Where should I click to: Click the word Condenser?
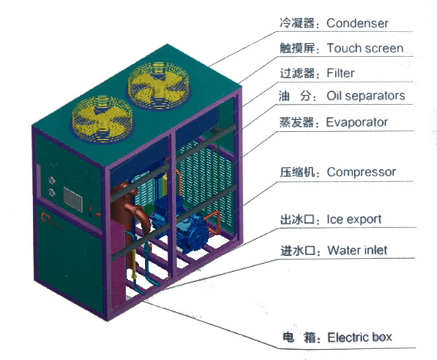click(x=357, y=23)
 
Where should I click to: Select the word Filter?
click(x=342, y=73)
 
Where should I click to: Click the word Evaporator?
click(x=357, y=122)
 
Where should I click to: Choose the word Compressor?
click(x=361, y=172)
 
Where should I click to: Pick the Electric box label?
click(x=360, y=337)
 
